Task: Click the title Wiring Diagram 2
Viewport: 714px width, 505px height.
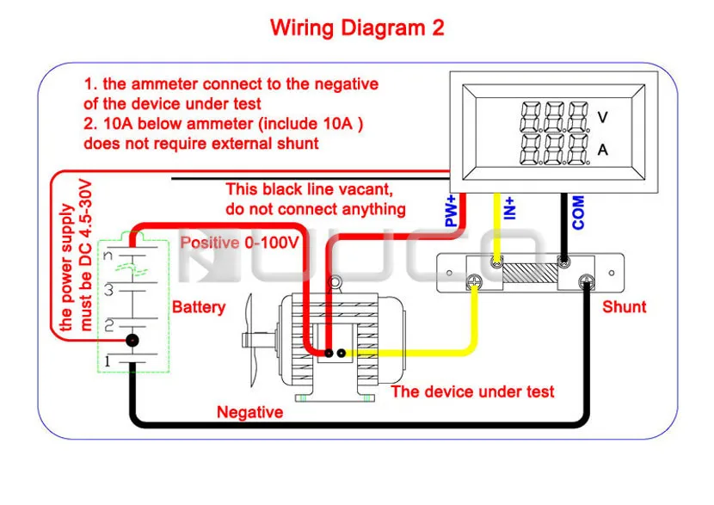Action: pos(357,28)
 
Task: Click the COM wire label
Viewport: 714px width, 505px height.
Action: pos(578,212)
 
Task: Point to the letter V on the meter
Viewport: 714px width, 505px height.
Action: pos(603,117)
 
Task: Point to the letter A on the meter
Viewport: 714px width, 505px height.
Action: pos(603,150)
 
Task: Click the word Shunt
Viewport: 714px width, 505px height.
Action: pos(624,307)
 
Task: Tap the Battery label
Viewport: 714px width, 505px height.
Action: pos(199,307)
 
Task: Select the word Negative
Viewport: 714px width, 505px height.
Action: pos(249,412)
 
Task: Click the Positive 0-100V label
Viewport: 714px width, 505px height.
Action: pos(239,243)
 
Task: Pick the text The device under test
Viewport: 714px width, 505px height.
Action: pos(472,391)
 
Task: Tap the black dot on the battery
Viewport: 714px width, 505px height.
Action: pos(132,342)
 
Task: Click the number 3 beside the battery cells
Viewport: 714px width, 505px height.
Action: pos(109,291)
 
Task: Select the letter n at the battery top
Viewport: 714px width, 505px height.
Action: pos(109,256)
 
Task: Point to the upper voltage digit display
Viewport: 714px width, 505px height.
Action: pos(555,116)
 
